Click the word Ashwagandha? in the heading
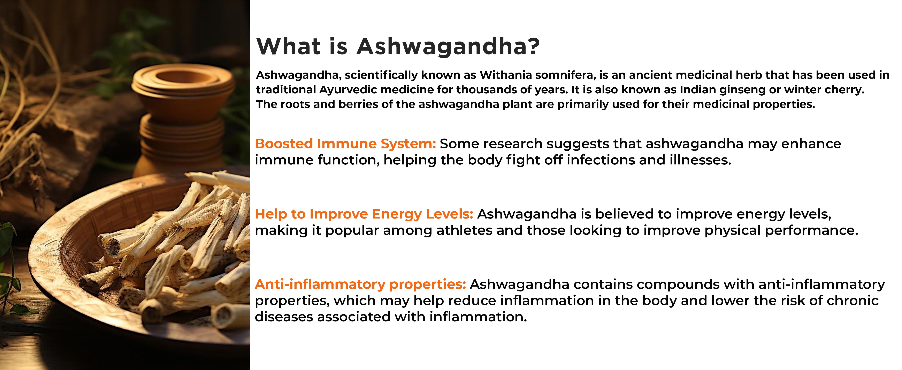[x=448, y=47]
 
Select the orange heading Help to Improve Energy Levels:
[x=364, y=214]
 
